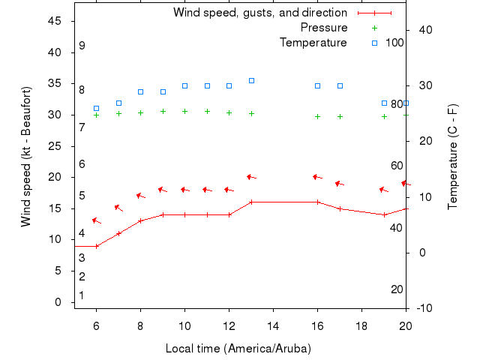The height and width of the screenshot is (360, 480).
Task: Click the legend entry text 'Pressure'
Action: [323, 28]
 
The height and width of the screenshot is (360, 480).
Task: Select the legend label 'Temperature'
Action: [313, 43]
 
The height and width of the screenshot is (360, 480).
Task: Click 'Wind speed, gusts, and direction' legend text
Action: [259, 13]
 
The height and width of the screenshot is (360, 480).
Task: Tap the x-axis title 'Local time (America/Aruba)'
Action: [238, 349]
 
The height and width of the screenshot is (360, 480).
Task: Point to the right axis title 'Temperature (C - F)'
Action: [453, 156]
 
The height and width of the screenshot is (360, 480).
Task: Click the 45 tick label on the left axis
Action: [54, 21]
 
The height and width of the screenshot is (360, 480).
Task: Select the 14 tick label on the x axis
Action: [273, 325]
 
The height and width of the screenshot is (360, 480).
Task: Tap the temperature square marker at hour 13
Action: [251, 80]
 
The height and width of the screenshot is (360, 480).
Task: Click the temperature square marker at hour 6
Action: [96, 108]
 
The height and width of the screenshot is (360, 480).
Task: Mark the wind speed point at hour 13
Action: [251, 202]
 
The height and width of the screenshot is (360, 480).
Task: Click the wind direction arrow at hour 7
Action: [118, 208]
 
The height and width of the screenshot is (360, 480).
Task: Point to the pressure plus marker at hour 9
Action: [163, 111]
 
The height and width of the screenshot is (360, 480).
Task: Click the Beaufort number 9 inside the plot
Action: [82, 46]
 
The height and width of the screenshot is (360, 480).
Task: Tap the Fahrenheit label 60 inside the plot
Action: [397, 166]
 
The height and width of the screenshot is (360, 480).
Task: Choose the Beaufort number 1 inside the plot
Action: [82, 295]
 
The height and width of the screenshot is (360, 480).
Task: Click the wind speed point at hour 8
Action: [140, 220]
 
